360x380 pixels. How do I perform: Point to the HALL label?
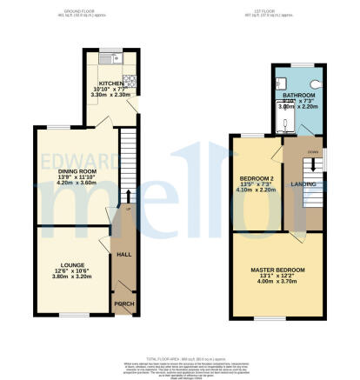[123, 255]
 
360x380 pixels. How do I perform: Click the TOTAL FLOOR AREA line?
[180, 357]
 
